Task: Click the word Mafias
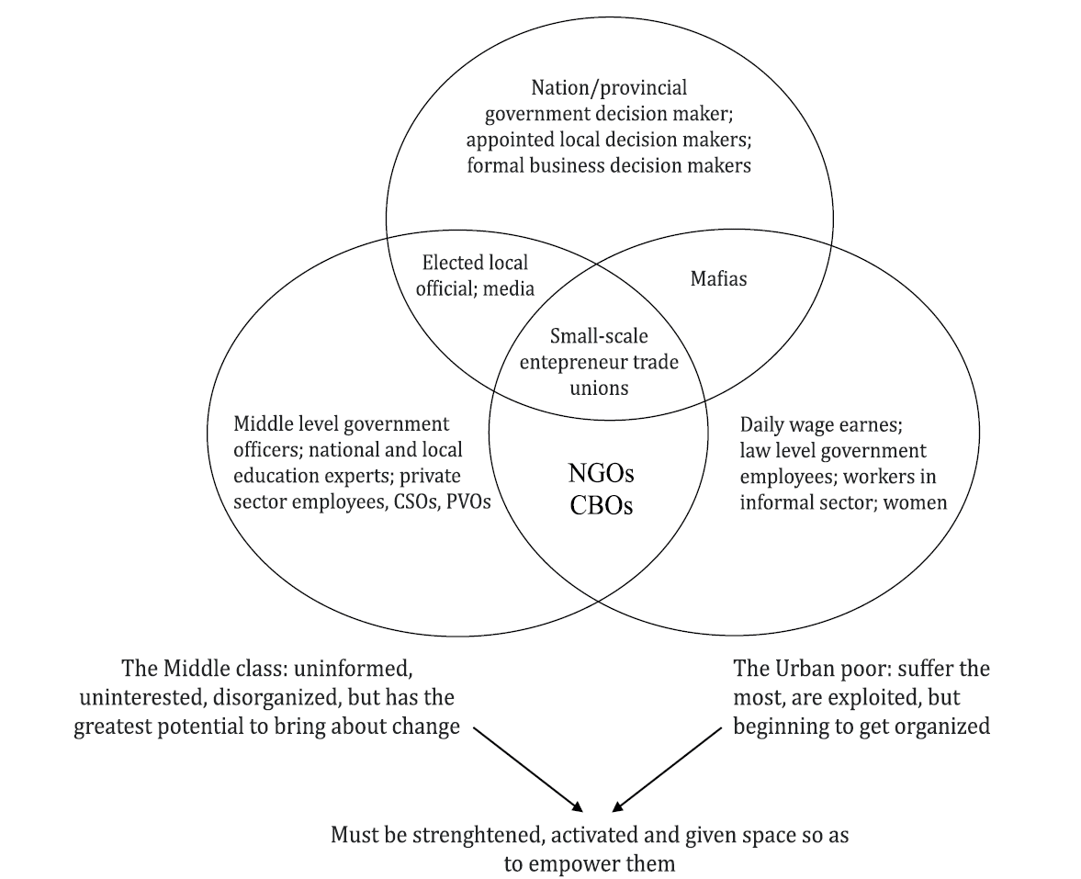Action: [718, 278]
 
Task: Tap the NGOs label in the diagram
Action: [602, 476]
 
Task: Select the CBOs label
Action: [602, 506]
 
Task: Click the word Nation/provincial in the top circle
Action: [609, 87]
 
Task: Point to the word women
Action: [915, 502]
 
